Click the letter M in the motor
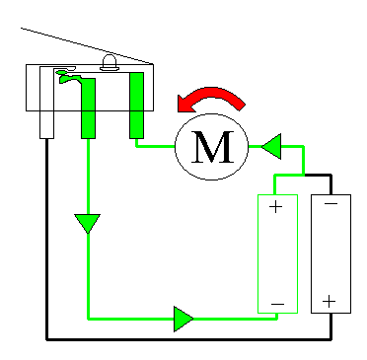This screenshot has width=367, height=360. [x=215, y=148]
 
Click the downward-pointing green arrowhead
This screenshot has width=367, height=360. [x=88, y=223]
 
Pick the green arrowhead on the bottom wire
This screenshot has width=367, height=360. [x=183, y=319]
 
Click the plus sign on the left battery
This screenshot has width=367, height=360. [x=275, y=207]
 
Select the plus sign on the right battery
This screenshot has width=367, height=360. [x=330, y=300]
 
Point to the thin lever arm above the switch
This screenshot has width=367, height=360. [x=59, y=41]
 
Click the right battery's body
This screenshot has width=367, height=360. [x=330, y=253]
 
